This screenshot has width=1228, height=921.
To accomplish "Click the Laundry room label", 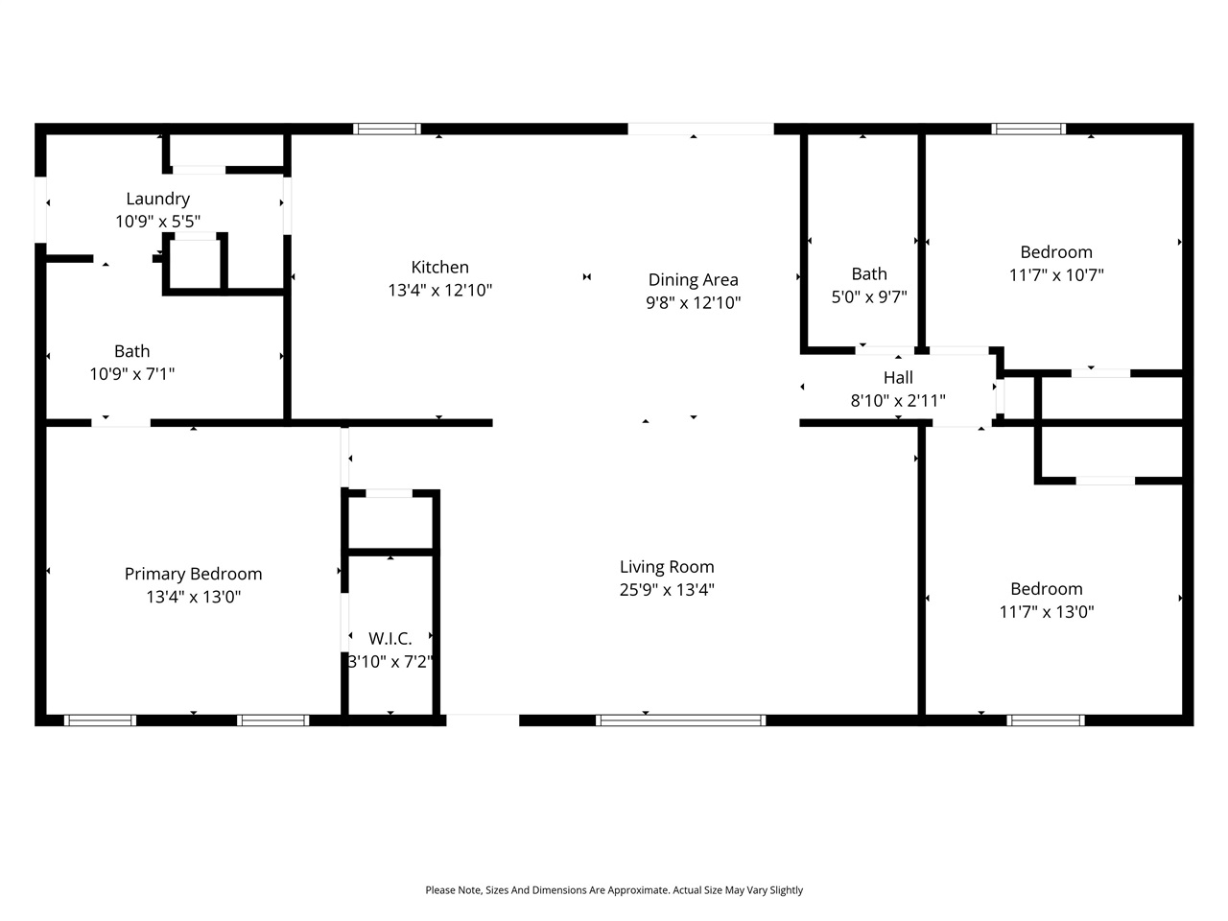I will tap(157, 199).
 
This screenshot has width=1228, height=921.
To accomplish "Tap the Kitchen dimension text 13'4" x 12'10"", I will tap(439, 290).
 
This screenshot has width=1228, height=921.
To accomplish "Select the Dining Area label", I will tap(693, 279).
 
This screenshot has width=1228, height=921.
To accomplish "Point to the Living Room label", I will tap(667, 566).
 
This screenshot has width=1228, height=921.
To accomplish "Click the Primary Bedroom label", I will tap(193, 574).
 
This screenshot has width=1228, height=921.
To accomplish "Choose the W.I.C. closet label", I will tap(390, 638).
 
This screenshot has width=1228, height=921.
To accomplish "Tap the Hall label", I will tap(898, 377).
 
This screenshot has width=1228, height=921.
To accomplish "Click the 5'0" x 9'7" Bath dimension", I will tap(869, 296).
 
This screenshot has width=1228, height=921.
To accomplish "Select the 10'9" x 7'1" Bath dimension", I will tap(132, 374).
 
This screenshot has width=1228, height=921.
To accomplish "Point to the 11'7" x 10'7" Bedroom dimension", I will tap(1056, 274).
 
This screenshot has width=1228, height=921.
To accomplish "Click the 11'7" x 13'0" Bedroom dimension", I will tap(1047, 611).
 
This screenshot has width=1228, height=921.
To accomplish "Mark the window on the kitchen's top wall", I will tap(387, 129).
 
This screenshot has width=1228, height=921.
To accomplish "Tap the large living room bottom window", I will tap(680, 720).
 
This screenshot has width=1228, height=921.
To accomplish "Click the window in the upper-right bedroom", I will tap(1028, 129).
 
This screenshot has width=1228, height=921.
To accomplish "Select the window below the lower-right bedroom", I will tap(1046, 720).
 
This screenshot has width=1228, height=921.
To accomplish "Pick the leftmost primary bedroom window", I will tap(100, 720).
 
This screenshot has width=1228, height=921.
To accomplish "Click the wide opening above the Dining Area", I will tap(700, 129).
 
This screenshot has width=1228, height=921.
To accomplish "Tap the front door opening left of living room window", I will tap(483, 720).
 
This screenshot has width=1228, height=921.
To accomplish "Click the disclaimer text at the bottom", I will tap(614, 890).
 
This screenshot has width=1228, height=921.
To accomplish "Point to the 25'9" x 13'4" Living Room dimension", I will tap(667, 589).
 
